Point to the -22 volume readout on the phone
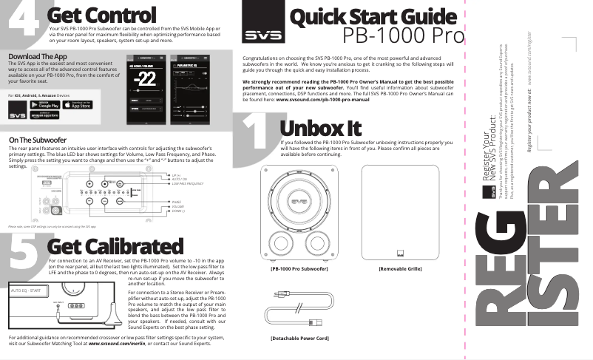pos(148,79)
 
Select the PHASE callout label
pos(176,201)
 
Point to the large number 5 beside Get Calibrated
pos(24,254)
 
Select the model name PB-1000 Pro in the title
pos(404,35)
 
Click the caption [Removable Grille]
pos(400,268)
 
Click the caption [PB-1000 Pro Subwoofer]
pos(299,268)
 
